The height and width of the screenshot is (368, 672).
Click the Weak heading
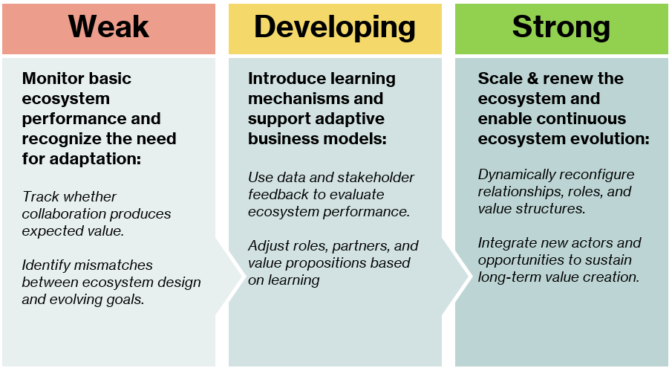108,27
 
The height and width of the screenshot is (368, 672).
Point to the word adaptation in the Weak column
95,159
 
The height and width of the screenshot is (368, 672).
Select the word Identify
46,266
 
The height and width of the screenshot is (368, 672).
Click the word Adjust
268,247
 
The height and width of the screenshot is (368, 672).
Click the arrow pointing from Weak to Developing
229,277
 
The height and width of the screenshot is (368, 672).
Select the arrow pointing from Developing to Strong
456,277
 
